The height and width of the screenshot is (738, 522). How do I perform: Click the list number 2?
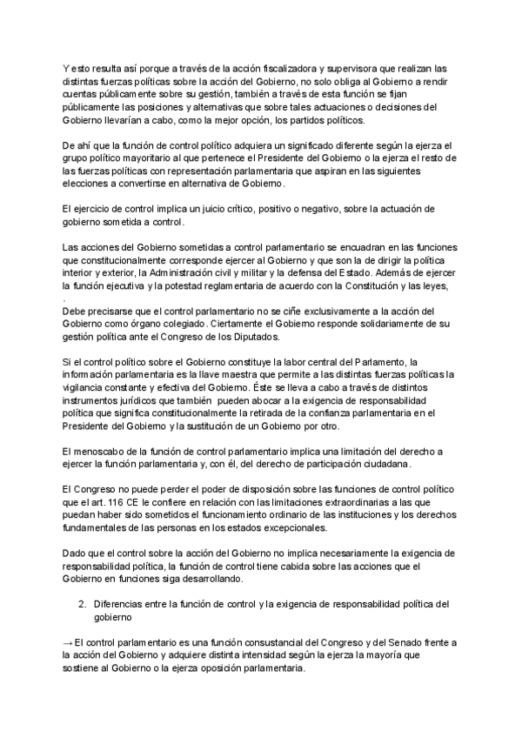[80, 603]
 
